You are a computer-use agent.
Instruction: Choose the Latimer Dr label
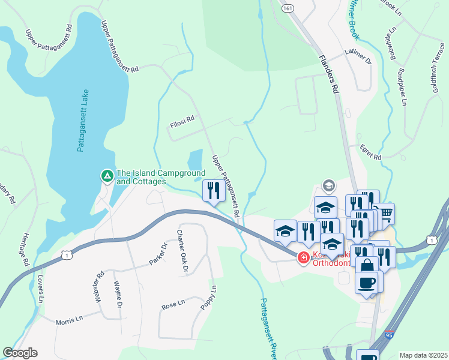point(358,57)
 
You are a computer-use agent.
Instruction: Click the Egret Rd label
point(371,152)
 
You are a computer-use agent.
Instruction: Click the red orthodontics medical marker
point(303,257)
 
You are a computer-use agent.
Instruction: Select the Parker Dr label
point(157,255)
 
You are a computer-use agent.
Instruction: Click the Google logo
point(20,353)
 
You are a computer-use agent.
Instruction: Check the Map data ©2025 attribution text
point(423,355)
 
